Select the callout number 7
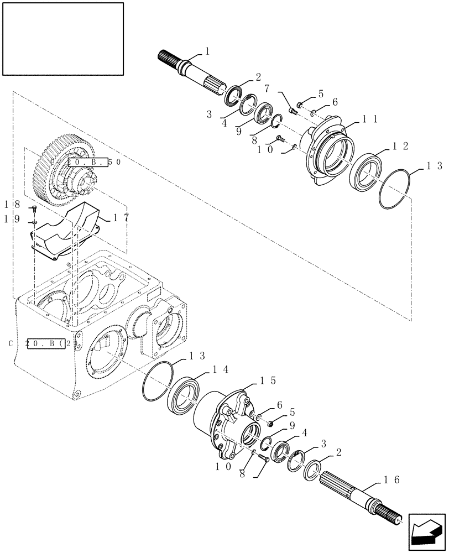tap(267, 88)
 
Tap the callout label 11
tap(370, 118)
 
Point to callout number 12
tap(400, 146)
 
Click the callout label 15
tap(265, 381)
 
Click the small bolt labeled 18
tap(34, 209)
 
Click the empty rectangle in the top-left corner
tap(62, 39)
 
